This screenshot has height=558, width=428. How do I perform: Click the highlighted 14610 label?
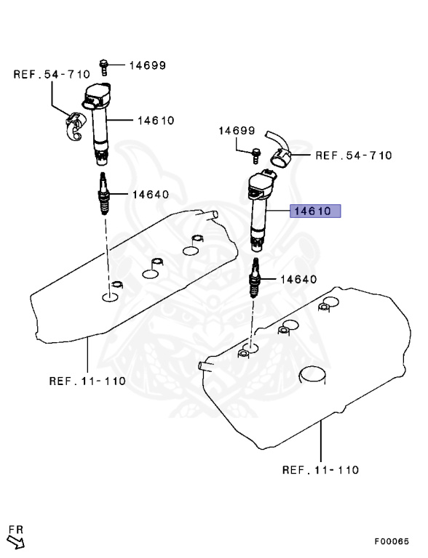pos(316,212)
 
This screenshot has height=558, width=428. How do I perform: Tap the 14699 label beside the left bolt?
pos(147,65)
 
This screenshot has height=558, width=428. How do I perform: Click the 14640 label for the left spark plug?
pos(150,195)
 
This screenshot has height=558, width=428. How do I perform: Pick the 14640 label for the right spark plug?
pos(298,279)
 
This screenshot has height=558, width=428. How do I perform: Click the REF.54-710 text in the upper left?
pos(51,74)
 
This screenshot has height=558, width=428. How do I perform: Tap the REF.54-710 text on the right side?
pos(353,155)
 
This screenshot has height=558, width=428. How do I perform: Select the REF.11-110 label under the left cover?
pos(87,381)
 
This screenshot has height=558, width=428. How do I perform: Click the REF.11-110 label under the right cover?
pos(320,470)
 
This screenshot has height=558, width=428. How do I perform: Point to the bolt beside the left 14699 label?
pos(106,66)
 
